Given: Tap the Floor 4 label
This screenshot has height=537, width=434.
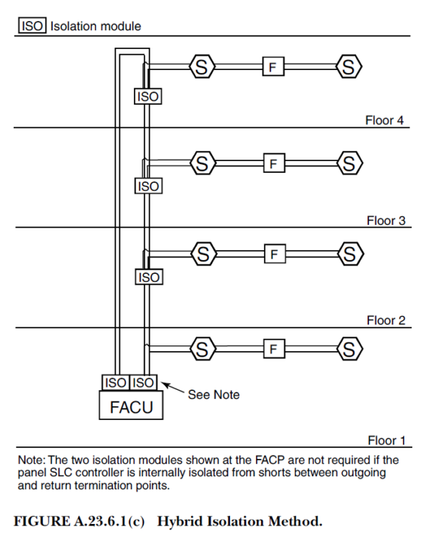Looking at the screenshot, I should (x=385, y=120).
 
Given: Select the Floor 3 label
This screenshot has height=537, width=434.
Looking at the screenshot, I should (x=385, y=220).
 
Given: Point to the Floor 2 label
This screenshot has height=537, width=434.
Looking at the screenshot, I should (x=385, y=319).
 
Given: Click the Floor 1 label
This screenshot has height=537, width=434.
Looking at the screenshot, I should (x=385, y=439).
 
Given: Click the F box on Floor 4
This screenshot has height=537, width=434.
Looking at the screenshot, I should (x=272, y=68).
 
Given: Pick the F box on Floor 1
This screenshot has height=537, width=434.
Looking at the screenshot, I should (x=272, y=350).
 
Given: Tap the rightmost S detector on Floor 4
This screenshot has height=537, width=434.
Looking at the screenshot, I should (x=349, y=68).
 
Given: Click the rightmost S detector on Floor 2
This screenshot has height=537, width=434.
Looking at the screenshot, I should (x=349, y=254).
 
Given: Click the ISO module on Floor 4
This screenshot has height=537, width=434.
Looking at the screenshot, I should (x=147, y=95).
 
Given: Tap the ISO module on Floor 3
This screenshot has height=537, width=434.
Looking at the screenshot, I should (x=147, y=186).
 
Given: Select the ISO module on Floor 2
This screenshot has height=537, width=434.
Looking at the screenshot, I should (x=147, y=277).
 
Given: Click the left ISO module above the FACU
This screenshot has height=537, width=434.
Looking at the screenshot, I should (x=114, y=382).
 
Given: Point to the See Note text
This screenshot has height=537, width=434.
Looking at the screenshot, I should (x=213, y=395).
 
